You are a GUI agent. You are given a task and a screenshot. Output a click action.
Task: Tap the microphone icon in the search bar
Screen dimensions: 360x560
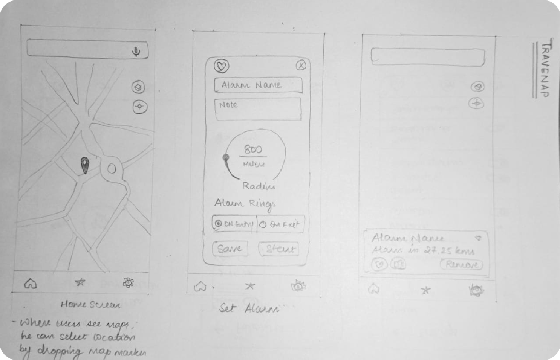(x=136, y=51)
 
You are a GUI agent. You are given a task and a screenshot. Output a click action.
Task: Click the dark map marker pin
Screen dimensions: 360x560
(x=85, y=165)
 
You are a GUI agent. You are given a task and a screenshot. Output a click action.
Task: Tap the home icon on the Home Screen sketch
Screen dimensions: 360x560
(x=31, y=283)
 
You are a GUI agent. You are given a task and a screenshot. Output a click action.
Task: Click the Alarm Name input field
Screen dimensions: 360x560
(x=258, y=85)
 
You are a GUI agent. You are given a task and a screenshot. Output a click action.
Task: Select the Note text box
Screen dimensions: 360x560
(x=258, y=109)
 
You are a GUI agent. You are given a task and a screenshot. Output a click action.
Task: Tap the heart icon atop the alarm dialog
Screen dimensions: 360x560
(x=222, y=66)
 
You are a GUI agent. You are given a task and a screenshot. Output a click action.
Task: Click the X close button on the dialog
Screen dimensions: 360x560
(x=301, y=66)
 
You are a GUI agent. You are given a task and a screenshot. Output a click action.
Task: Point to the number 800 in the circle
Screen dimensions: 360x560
(x=253, y=149)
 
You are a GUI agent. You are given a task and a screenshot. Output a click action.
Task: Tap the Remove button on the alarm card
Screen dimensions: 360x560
(x=462, y=264)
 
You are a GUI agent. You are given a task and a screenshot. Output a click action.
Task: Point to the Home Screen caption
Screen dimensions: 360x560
(x=90, y=304)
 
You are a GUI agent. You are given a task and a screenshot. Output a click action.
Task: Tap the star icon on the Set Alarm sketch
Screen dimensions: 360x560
(x=250, y=286)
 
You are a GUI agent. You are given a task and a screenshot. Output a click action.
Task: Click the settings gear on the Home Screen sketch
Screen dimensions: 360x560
(x=128, y=282)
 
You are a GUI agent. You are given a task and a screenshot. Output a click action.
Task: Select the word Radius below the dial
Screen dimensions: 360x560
(x=259, y=186)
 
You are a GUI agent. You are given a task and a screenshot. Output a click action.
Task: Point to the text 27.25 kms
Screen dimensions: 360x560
(x=449, y=250)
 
